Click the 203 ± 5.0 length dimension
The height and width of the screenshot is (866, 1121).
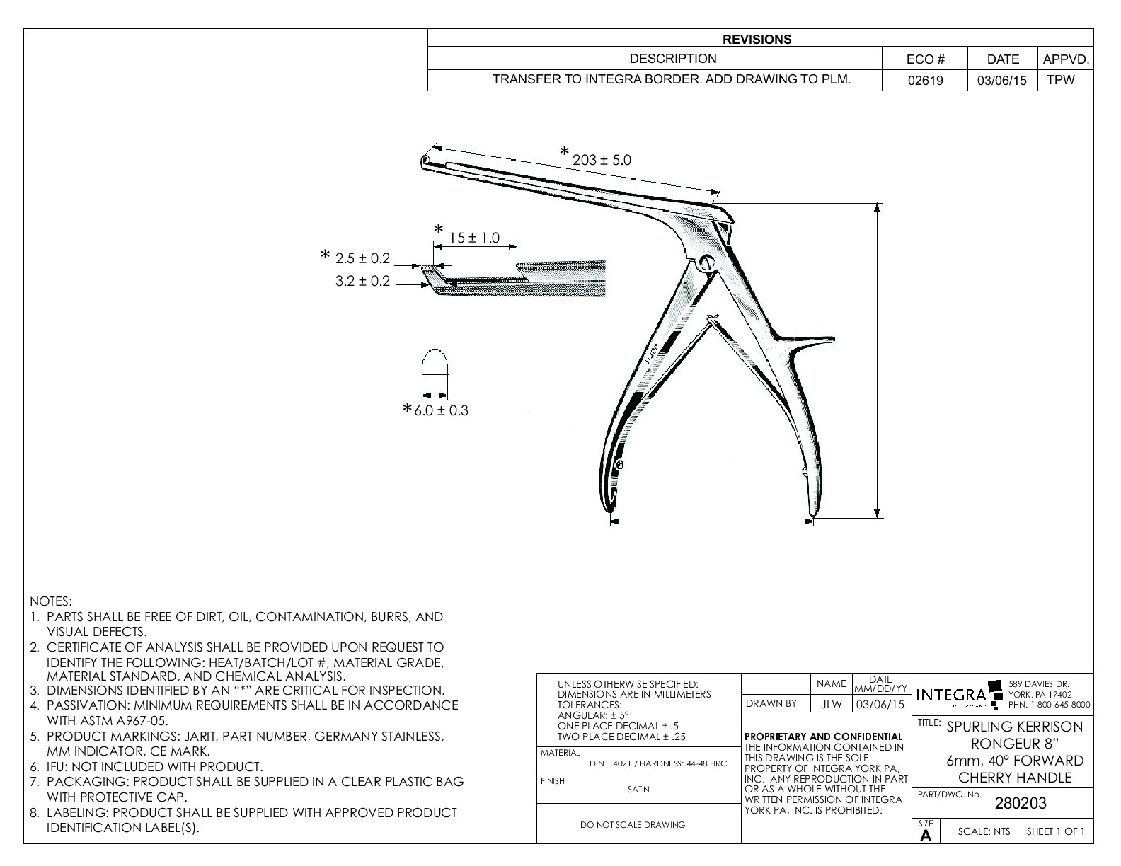(602, 160)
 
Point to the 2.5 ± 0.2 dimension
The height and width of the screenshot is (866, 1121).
(362, 259)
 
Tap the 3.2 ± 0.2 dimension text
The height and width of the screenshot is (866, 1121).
(362, 281)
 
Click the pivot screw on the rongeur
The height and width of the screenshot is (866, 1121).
(706, 262)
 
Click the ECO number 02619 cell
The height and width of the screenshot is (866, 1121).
(925, 80)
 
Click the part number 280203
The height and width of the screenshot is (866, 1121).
(1021, 803)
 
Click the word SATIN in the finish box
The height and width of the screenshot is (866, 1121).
(638, 790)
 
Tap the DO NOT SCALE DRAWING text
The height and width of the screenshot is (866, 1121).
(632, 824)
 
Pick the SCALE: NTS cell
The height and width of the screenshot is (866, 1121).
(984, 831)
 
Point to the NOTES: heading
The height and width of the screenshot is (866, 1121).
(51, 601)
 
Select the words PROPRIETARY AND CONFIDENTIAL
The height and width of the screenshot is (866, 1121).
(824, 737)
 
